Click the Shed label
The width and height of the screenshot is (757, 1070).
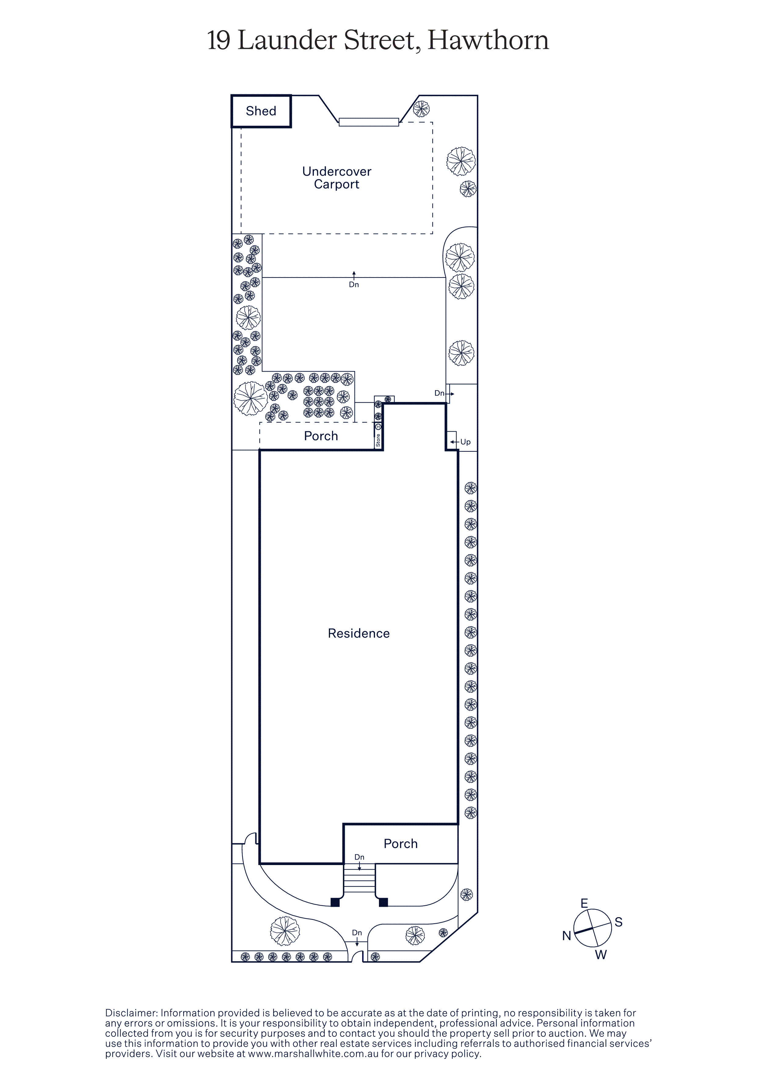(261, 111)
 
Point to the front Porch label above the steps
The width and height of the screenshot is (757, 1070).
(400, 843)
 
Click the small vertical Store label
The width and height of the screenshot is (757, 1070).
(378, 440)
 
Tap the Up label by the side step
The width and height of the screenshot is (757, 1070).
(465, 442)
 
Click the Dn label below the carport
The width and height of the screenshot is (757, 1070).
(354, 284)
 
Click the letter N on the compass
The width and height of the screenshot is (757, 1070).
(566, 935)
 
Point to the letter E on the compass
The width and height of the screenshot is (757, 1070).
(584, 903)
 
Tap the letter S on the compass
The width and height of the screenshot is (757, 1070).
(618, 922)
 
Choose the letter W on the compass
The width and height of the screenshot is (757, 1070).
(601, 955)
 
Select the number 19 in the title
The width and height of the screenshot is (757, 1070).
(218, 41)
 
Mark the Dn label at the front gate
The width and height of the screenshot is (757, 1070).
(357, 932)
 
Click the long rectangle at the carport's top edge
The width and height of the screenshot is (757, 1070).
(369, 122)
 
